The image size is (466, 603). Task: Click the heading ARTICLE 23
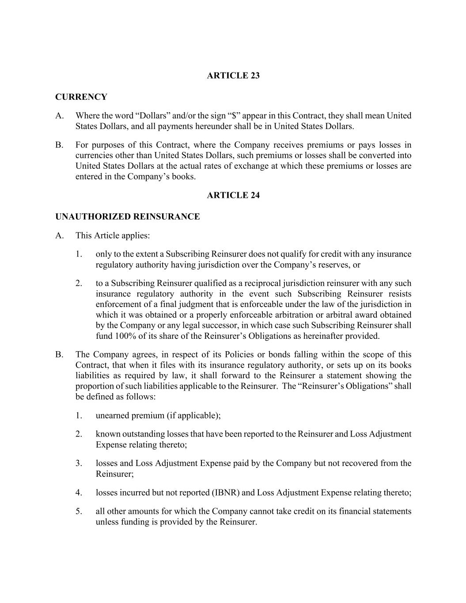point(233,76)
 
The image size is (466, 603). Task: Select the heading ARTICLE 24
point(233,195)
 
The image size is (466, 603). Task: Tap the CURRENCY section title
point(81,97)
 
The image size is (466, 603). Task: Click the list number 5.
point(79,512)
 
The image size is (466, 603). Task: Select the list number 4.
point(79,493)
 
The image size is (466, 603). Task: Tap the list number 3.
point(79,463)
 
